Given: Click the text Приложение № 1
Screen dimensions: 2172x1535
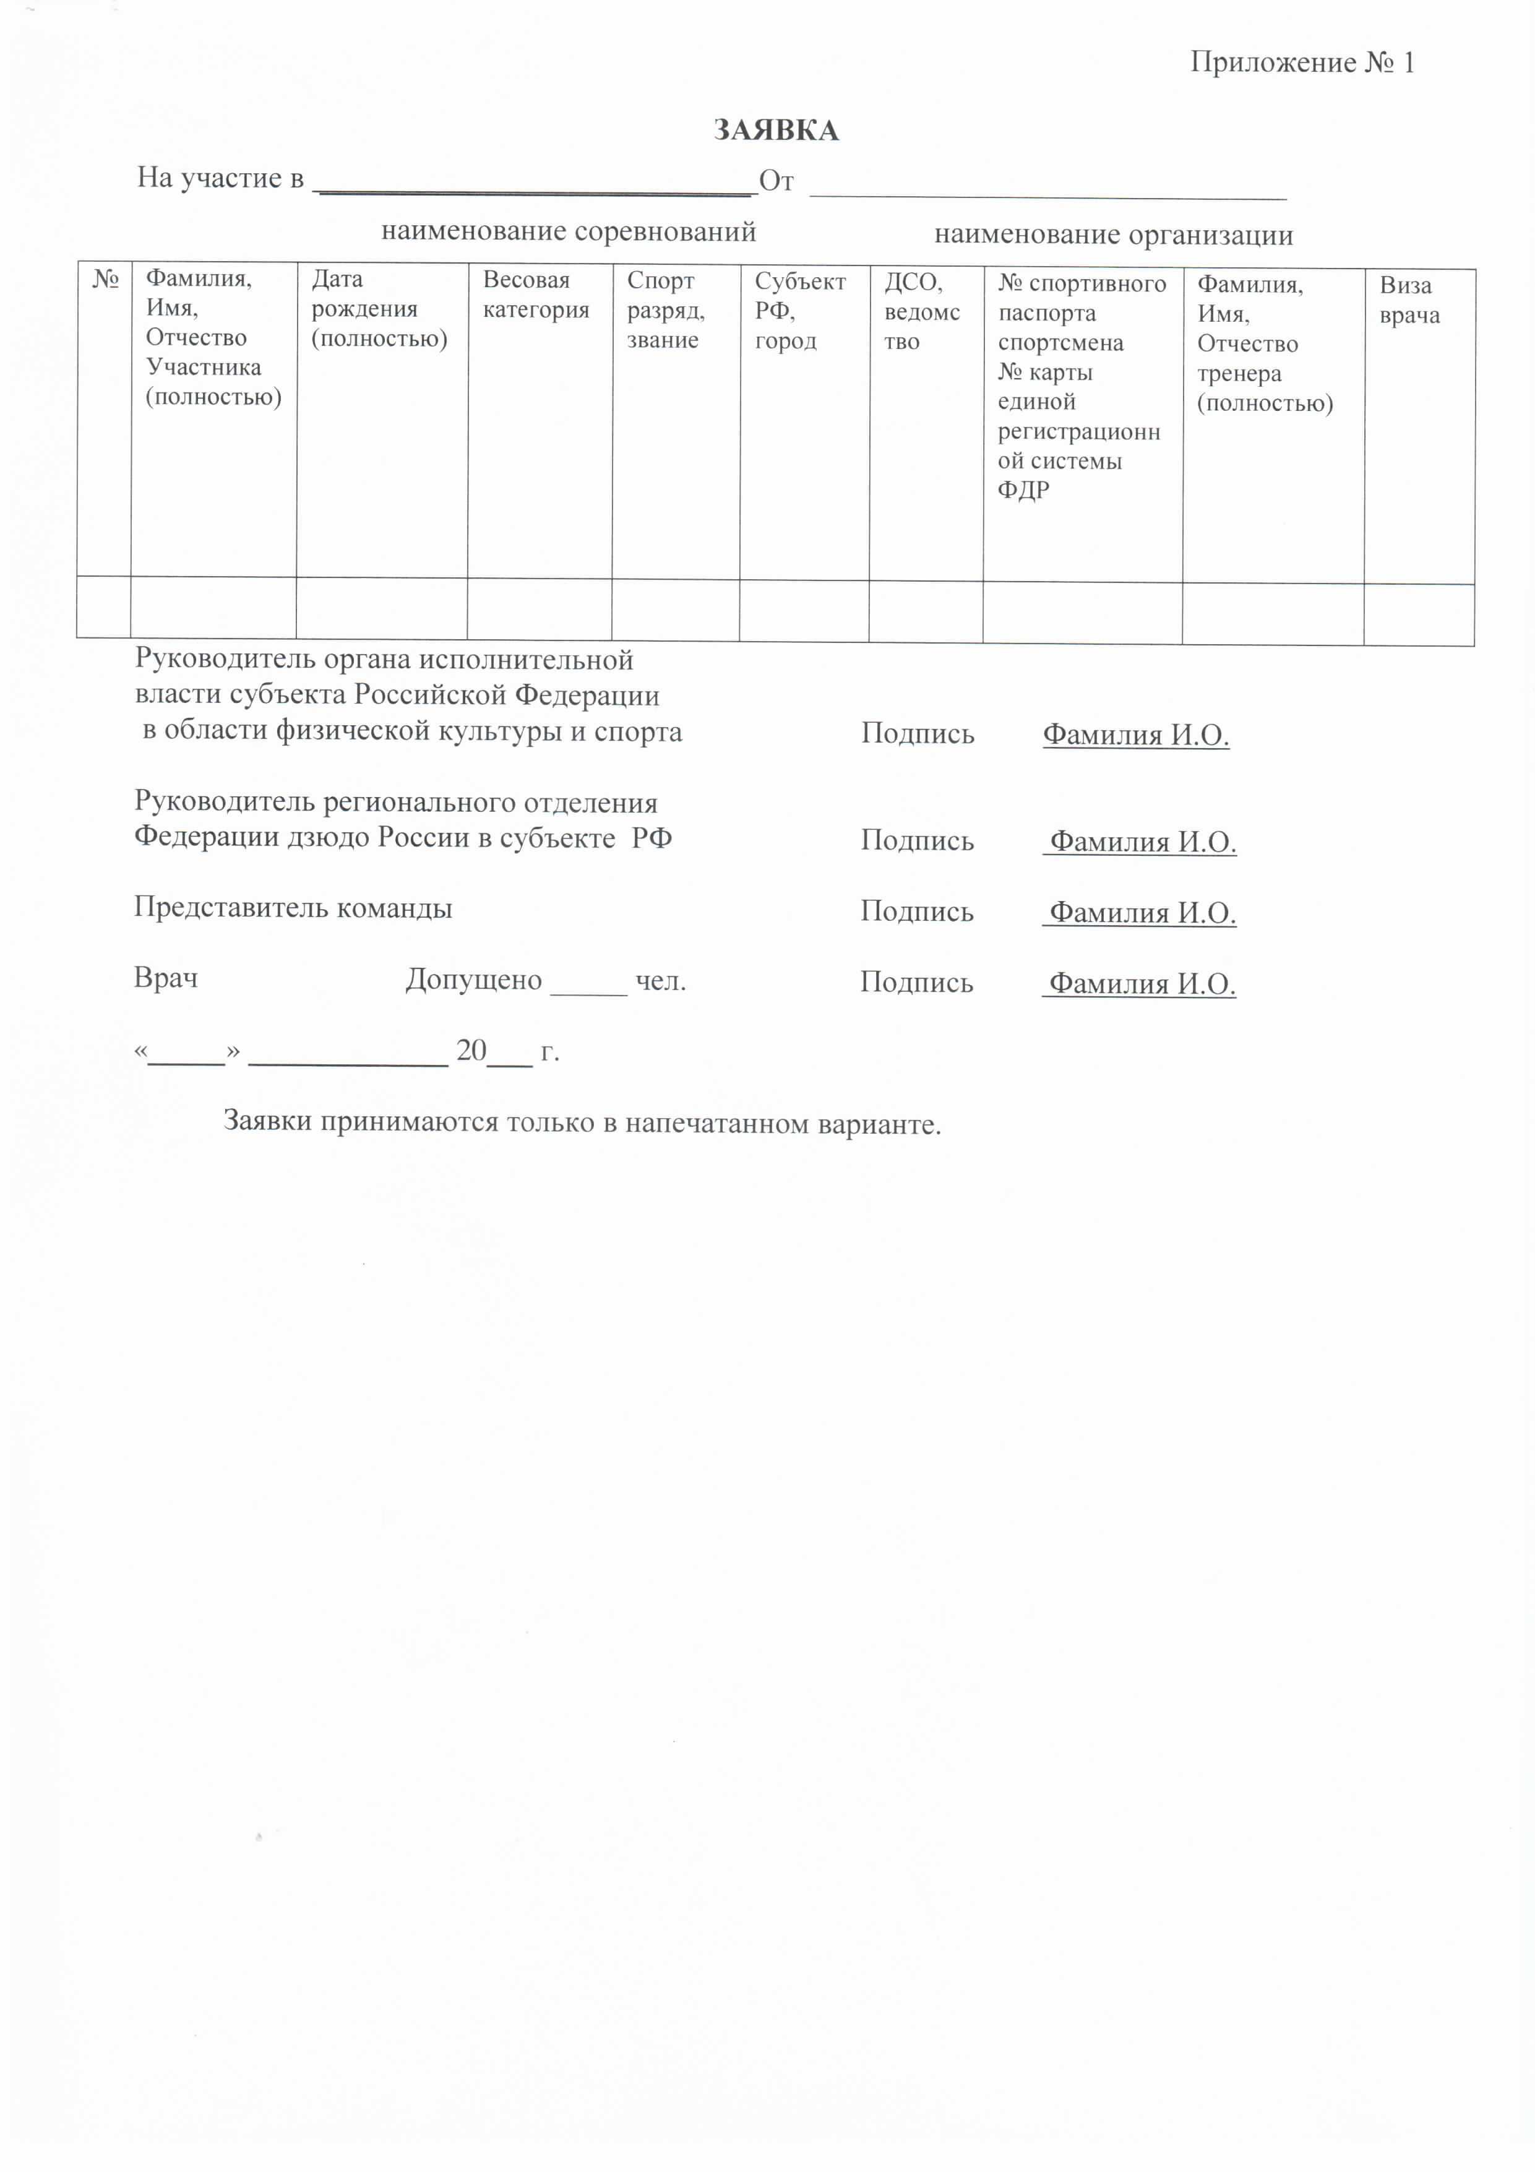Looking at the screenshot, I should coord(1301,62).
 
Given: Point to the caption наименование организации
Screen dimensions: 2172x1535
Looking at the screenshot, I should coord(1113,235).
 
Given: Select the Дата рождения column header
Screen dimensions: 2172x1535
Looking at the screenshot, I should coord(378,308).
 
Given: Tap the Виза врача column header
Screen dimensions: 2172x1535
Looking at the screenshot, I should coord(1409,300).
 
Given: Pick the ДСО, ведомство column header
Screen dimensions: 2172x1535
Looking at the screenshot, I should coord(921,311).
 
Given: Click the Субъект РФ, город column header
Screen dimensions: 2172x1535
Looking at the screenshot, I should coord(800,310).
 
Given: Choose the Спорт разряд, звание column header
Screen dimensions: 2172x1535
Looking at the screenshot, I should coord(666,309).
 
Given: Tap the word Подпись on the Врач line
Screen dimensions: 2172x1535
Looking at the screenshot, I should coord(916,982).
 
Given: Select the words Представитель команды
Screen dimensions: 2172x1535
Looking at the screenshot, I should coord(293,908).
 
